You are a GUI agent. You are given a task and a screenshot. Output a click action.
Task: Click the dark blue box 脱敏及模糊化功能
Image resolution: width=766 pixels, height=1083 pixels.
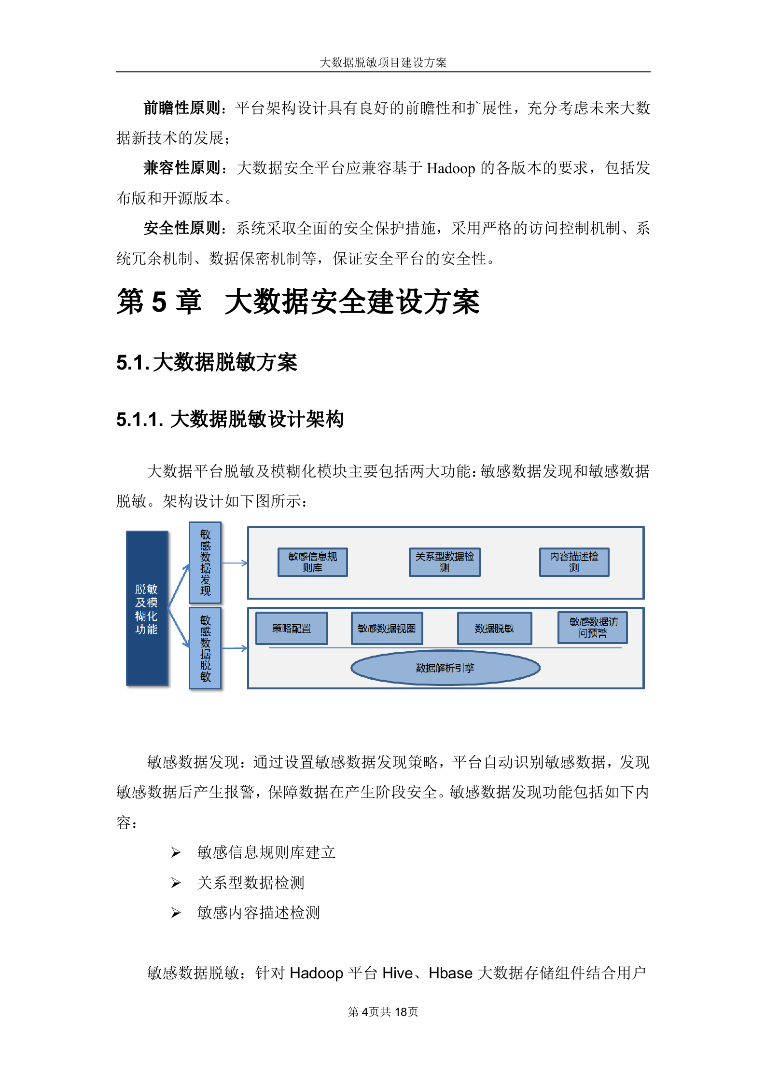pos(147,608)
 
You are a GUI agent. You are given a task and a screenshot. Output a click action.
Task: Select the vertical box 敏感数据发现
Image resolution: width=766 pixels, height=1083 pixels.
pos(205,562)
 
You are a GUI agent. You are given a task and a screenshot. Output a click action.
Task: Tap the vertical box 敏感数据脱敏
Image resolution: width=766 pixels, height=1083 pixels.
pos(205,648)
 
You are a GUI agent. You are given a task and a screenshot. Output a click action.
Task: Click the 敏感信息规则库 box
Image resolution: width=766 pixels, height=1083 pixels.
pos(312,562)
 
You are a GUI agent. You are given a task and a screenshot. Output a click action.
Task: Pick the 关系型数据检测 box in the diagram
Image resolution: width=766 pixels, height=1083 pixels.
pos(445,562)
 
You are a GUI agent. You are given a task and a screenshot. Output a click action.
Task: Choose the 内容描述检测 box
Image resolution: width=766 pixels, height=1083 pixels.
pos(574,562)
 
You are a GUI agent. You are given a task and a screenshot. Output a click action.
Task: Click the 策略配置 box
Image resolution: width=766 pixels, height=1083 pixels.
pos(292,628)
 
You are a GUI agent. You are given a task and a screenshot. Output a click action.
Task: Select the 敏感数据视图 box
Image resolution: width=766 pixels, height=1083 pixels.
pos(387,628)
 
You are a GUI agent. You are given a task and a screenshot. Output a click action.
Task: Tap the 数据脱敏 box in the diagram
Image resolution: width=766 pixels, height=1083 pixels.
pos(494,628)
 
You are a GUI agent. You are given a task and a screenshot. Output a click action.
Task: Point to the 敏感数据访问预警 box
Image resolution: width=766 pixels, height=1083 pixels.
pos(593,628)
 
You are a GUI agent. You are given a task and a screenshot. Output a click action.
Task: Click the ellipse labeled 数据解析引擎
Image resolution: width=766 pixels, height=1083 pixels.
pos(445,668)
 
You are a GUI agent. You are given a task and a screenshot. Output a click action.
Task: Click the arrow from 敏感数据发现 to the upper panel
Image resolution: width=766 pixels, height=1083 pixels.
pos(235,563)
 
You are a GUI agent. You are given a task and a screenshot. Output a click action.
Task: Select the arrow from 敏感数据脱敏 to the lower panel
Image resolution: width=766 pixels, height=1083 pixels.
pos(235,648)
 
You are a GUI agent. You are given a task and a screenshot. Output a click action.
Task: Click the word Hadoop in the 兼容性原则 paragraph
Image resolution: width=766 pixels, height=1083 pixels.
pos(451,168)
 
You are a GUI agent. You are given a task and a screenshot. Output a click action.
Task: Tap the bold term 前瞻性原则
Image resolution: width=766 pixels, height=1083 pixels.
pos(182,108)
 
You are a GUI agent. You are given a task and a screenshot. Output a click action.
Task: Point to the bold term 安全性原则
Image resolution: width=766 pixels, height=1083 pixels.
pos(182,228)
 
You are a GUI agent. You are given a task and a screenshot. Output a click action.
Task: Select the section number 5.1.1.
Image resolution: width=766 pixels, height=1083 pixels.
pos(139,420)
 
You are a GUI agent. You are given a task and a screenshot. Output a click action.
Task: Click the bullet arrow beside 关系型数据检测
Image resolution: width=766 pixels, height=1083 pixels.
pos(176,883)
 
